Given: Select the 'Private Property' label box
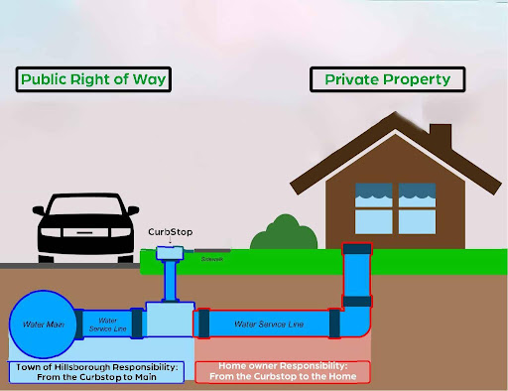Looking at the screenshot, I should coord(381,78).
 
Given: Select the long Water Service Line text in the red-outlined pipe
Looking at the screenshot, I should coord(268,324).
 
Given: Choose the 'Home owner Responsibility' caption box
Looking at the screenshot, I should coord(282,372).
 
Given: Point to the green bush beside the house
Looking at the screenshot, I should coord(276,234).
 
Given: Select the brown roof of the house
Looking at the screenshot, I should coord(397,149).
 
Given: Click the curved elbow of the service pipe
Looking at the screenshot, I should coord(355,323).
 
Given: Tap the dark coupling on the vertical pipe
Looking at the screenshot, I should coord(356,300).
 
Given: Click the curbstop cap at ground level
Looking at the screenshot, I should coord(170,255).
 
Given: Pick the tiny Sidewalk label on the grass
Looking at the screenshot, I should coord(211,259).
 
